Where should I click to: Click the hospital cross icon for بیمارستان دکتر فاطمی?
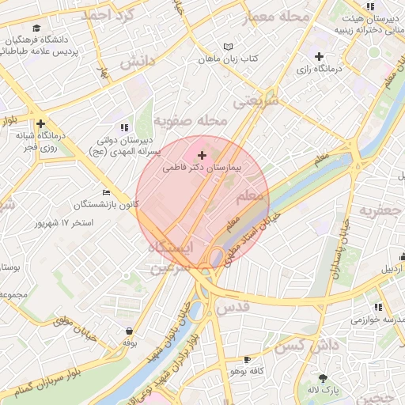202,154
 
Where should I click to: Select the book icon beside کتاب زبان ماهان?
229,47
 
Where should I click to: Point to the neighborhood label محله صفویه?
190,121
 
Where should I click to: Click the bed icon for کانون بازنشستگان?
106,192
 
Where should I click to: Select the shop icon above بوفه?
129,331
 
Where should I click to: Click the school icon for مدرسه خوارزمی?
378,307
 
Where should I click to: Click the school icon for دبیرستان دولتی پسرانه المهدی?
123,127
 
